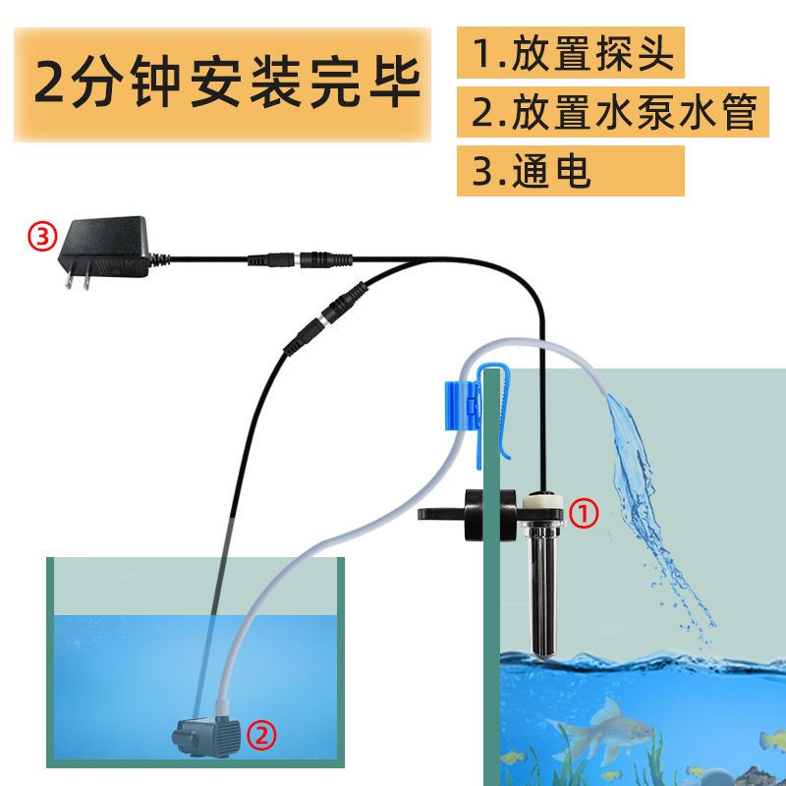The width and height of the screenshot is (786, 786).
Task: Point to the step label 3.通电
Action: [532, 171]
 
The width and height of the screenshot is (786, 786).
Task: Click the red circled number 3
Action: [42, 236]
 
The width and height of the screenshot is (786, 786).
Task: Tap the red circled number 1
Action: [585, 512]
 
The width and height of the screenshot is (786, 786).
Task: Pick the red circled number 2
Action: [260, 732]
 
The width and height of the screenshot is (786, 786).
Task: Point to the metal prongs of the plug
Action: [78, 278]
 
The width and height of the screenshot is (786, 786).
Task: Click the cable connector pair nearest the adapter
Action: [300, 260]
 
